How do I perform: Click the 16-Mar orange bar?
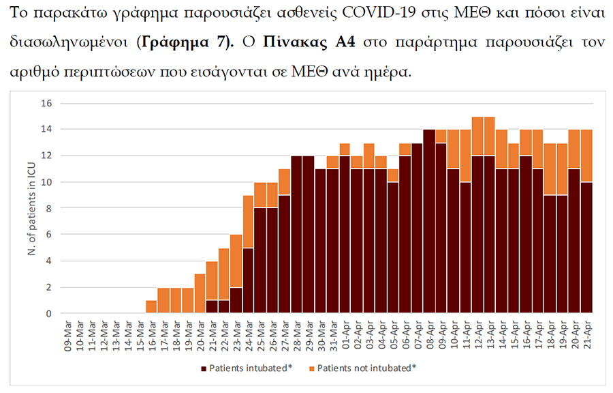[x=151, y=307]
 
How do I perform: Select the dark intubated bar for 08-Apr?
[x=429, y=222]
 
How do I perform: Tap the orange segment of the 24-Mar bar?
[x=248, y=222]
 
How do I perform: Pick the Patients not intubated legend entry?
[x=366, y=368]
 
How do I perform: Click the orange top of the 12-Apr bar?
[x=477, y=136]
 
